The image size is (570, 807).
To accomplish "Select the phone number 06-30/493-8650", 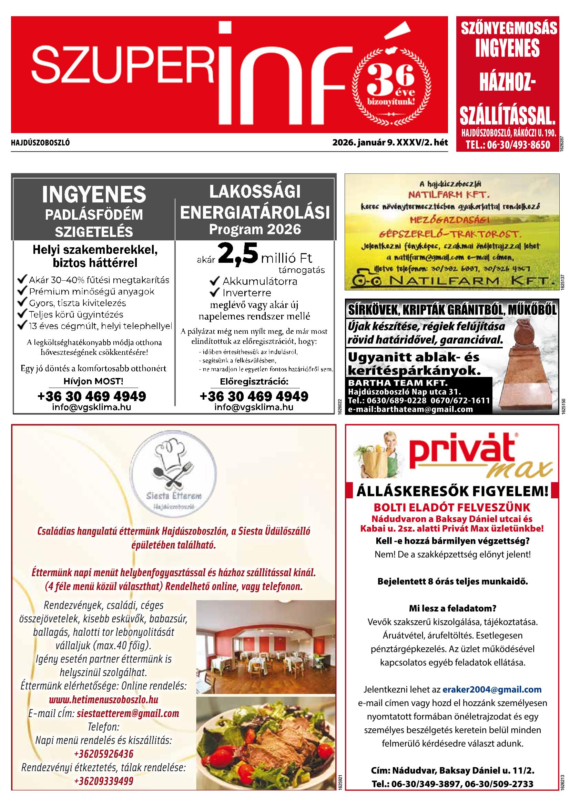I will (x=508, y=145).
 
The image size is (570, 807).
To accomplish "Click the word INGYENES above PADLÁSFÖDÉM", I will (x=94, y=195).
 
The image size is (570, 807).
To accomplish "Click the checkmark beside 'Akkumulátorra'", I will (x=214, y=281).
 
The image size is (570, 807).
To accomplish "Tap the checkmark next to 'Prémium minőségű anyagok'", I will (x=22, y=291).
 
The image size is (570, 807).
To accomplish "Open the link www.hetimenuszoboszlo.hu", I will (x=103, y=699).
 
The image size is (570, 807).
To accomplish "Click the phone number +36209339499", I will (x=104, y=781).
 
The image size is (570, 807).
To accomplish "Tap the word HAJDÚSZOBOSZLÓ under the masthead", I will (x=40, y=143).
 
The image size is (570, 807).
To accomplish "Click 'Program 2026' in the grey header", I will (x=255, y=230).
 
